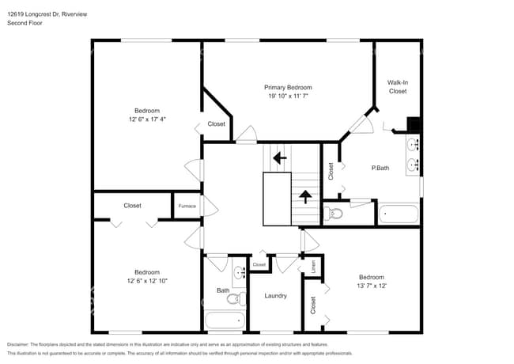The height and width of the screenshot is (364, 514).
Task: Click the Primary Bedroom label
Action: [x=288, y=87]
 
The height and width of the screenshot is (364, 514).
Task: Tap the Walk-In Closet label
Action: [x=397, y=86]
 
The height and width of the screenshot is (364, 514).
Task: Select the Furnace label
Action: [x=187, y=206]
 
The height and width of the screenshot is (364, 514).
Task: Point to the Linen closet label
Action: [x=312, y=267]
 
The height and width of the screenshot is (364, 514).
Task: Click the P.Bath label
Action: [x=380, y=168]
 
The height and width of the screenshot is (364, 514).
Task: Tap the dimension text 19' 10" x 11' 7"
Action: [x=288, y=96]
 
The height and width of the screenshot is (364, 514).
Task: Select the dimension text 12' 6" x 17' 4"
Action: [x=147, y=119]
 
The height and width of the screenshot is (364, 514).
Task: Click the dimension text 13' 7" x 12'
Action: [x=369, y=286]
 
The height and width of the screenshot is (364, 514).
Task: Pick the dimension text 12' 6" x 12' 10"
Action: [x=147, y=281]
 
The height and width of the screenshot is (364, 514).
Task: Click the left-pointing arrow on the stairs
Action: [x=279, y=157]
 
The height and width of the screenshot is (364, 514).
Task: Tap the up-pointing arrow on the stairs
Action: [x=304, y=196]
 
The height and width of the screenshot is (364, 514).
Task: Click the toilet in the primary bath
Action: [x=334, y=213]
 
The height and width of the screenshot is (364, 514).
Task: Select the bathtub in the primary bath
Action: [x=398, y=214]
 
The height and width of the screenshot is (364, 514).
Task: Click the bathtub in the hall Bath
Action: [x=225, y=320]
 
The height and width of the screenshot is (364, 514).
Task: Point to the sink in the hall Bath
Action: [x=239, y=275]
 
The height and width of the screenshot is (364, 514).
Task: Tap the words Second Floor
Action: [x=25, y=23]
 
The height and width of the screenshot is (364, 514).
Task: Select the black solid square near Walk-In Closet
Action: [x=412, y=124]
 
